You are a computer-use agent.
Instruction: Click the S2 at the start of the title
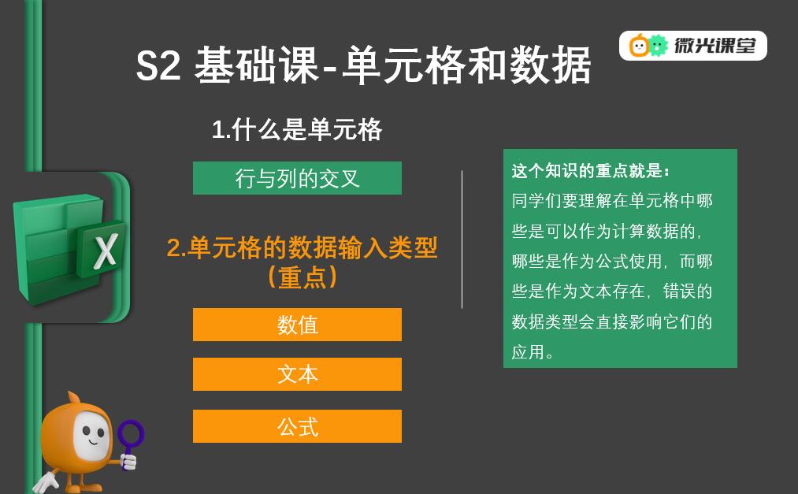[158, 65]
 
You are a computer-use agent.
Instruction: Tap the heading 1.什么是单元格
[297, 129]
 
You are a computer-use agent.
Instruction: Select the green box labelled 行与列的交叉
[297, 178]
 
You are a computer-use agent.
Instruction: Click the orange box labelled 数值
[297, 325]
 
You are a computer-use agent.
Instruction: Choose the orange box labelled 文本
[297, 374]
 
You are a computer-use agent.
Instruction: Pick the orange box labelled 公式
[297, 426]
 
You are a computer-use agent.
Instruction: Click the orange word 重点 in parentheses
[302, 278]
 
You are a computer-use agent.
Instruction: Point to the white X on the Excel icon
[106, 251]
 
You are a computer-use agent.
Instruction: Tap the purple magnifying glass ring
[131, 434]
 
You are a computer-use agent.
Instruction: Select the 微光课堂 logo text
[715, 46]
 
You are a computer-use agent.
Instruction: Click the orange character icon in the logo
[639, 46]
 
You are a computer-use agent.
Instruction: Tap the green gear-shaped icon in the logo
[658, 46]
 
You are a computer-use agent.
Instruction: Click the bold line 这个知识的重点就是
[590, 170]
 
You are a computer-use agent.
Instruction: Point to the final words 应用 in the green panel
[529, 351]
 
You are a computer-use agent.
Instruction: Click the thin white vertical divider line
[462, 240]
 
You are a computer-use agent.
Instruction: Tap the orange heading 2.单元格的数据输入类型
[302, 247]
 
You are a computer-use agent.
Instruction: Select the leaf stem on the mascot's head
[74, 397]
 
